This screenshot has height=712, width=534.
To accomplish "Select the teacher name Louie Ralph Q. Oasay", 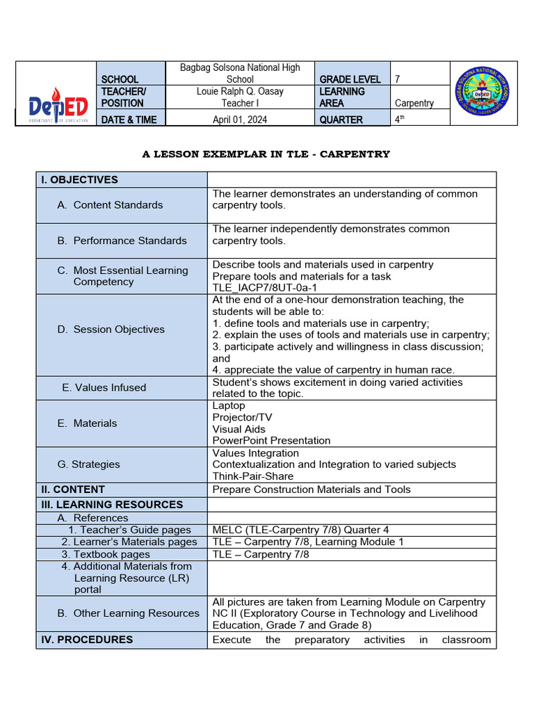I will tap(240, 91).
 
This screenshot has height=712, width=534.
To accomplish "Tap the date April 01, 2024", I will tap(240, 120).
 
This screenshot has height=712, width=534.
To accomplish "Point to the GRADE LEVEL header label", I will tap(350, 79).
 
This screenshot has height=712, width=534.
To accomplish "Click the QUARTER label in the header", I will tap(341, 120).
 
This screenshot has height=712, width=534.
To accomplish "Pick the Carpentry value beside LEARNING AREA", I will tap(414, 103).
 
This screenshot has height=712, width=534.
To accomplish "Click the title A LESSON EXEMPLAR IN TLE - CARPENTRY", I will tap(266, 154).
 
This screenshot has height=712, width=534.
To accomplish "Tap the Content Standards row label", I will tap(118, 204).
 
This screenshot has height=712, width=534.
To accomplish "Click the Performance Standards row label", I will tap(129, 241).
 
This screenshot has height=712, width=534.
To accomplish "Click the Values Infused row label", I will tap(104, 387).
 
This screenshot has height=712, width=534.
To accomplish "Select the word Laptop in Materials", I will tap(229, 405).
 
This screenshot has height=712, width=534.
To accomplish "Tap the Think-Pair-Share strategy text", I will tap(253, 476).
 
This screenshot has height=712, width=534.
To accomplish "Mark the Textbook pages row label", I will tap(105, 554).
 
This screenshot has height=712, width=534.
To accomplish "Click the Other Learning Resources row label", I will tap(136, 613).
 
